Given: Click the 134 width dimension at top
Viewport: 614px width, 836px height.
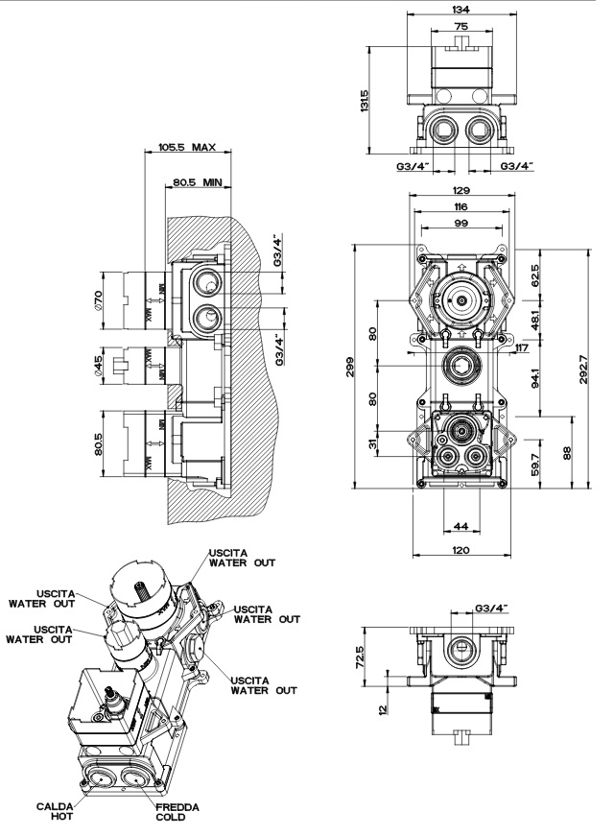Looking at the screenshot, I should click(461, 11).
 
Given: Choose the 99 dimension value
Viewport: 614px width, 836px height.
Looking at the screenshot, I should click(461, 223).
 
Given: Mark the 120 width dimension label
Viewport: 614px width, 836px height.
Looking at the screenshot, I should click(461, 553).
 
